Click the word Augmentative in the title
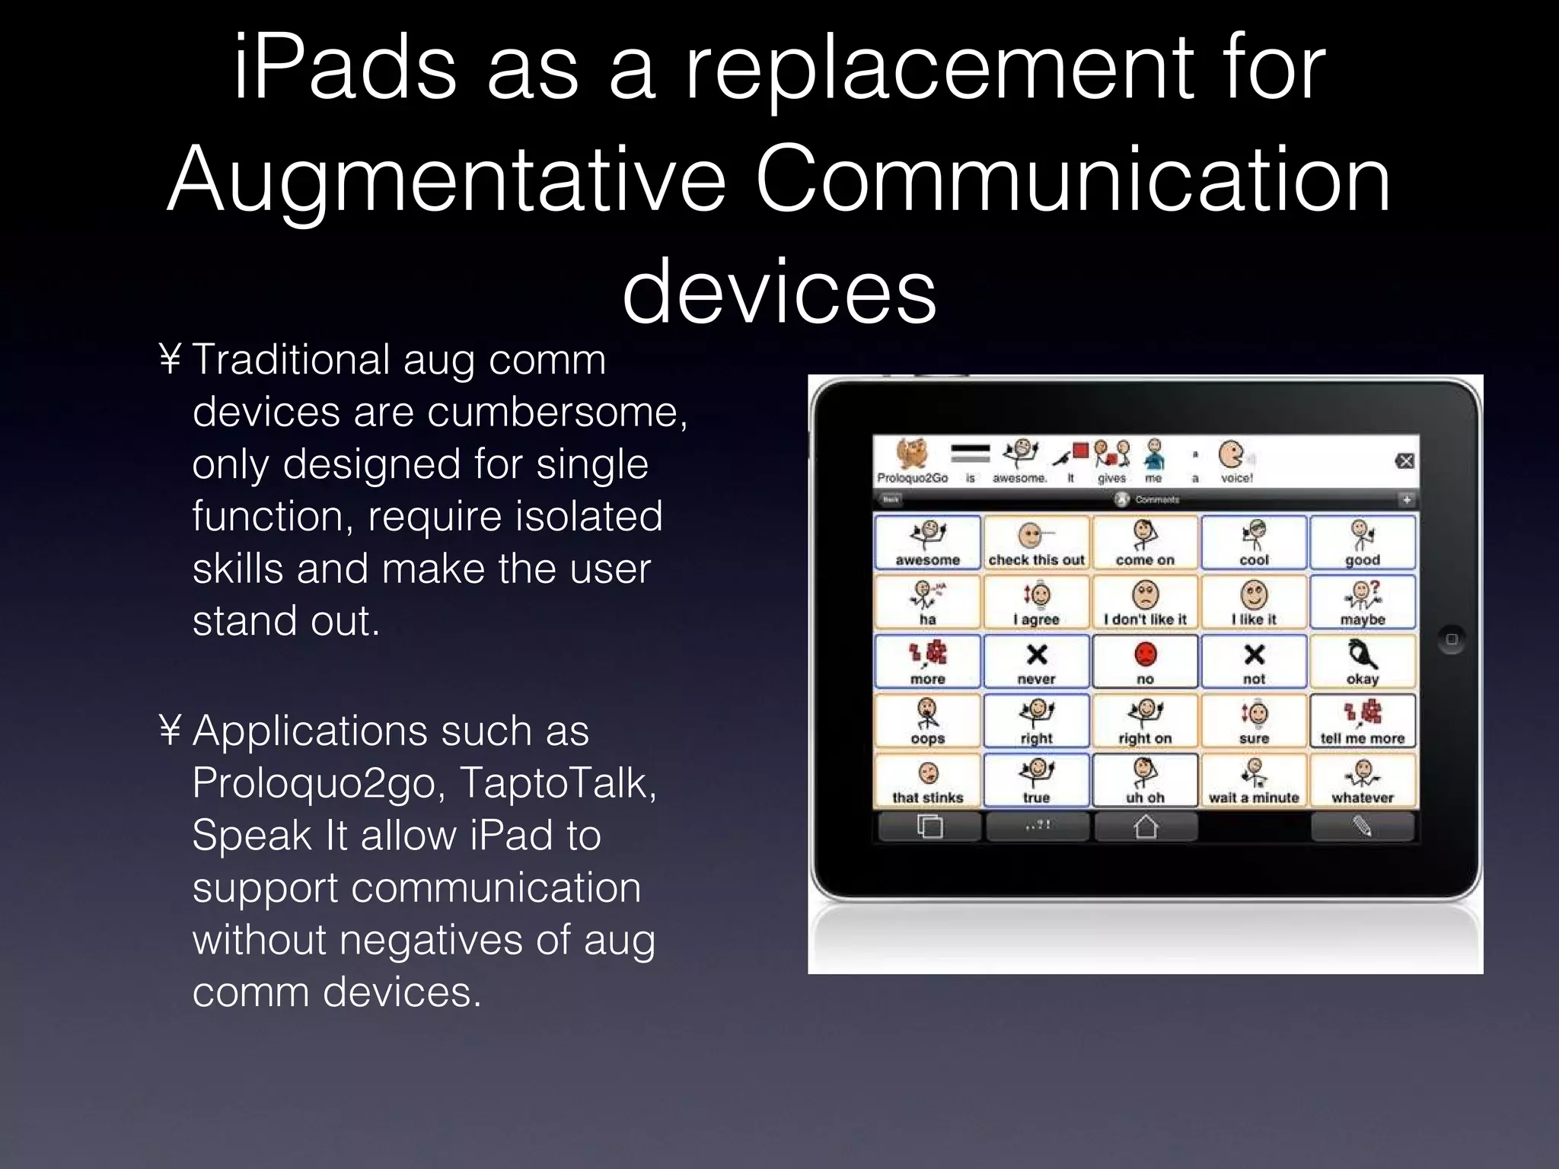(446, 181)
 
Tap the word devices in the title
(779, 292)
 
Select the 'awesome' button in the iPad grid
(927, 543)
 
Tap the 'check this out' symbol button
(1036, 543)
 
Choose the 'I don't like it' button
(1145, 602)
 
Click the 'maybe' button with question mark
(1363, 602)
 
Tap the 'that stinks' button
(927, 781)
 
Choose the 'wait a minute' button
(1254, 781)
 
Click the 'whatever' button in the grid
(1363, 781)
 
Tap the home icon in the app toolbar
(1146, 827)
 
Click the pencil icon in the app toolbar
(1363, 827)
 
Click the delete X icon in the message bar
(1405, 461)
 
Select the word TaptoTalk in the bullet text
(557, 782)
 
